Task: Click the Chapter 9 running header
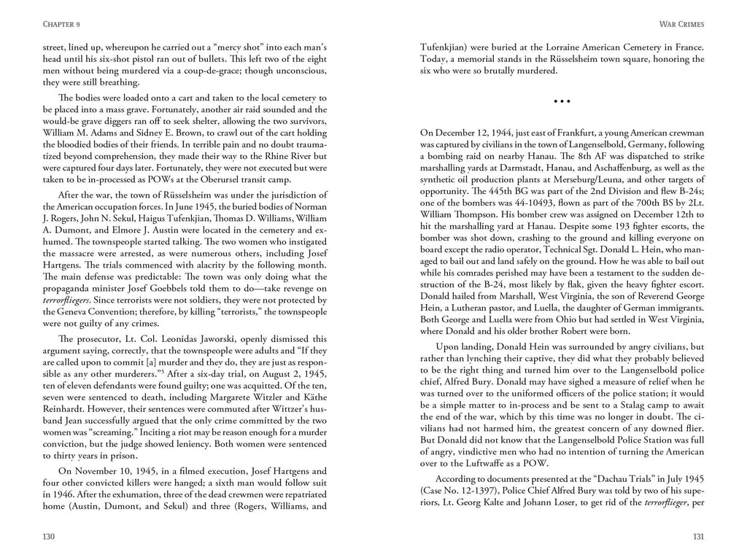pyautogui.click(x=51, y=24)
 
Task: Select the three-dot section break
pyautogui.click(x=562, y=101)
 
